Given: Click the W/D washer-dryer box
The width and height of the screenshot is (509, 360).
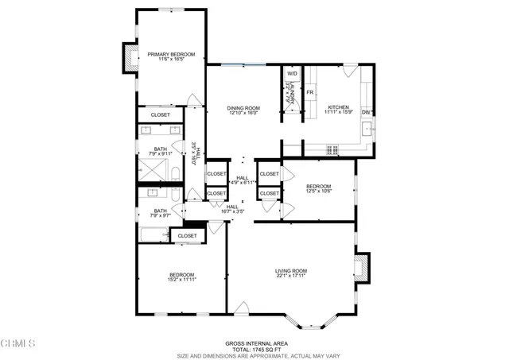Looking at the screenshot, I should point(292,74).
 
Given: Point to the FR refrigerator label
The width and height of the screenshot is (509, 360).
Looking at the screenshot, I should point(311,93).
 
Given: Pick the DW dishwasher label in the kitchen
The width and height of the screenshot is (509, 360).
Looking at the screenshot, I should point(366,112).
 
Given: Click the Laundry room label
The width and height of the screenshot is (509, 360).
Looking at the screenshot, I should point(292,96).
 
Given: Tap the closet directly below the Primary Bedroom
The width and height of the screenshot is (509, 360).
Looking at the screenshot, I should point(161,115).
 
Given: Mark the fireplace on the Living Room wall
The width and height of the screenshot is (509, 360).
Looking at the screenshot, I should point(362,267).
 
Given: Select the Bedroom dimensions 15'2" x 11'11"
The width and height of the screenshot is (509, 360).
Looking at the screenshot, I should point(181,280).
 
